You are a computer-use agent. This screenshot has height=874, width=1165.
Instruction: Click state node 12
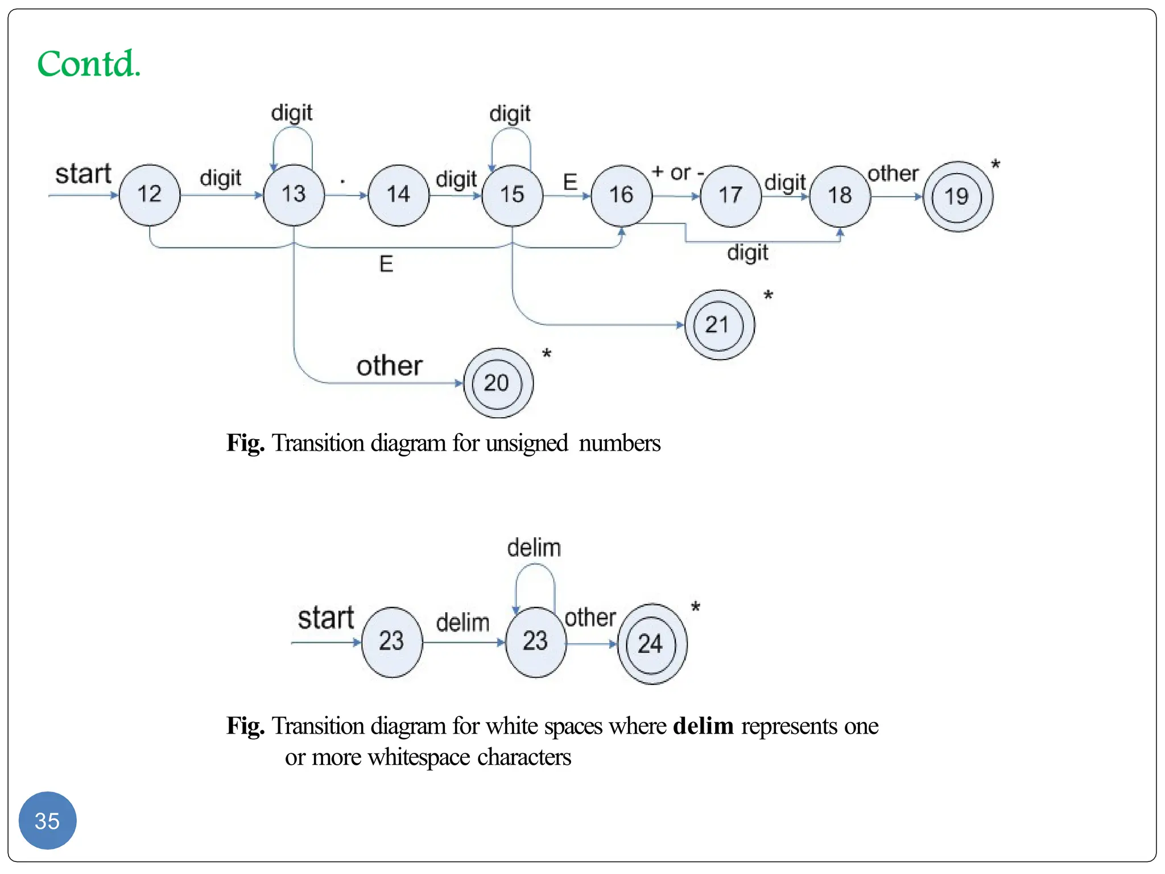click(150, 195)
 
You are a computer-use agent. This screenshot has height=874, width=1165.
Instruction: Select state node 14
click(398, 195)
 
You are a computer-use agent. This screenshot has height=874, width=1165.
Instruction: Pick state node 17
click(730, 196)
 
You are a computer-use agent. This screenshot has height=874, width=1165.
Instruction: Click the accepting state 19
click(957, 197)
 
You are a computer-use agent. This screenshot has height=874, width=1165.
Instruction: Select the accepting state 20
click(498, 383)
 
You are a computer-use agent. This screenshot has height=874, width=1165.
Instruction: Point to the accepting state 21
click(719, 325)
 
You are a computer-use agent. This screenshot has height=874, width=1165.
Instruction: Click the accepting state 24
click(652, 644)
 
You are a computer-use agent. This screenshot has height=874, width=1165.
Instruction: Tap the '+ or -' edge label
click(678, 172)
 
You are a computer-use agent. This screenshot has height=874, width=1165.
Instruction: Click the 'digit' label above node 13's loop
click(292, 113)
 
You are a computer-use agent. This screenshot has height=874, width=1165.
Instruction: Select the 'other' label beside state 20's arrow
click(390, 366)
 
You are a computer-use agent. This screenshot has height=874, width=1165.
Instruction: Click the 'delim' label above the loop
click(534, 547)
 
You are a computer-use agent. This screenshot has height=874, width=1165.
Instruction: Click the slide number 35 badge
click(47, 821)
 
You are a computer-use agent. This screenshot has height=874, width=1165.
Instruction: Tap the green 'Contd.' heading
click(89, 63)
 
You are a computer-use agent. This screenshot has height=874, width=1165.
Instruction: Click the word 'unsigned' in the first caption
click(527, 443)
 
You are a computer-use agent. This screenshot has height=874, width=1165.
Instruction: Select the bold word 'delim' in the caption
click(703, 726)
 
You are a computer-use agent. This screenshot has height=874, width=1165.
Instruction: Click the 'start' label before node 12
click(83, 174)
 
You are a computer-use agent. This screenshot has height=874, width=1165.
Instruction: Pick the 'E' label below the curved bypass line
click(386, 264)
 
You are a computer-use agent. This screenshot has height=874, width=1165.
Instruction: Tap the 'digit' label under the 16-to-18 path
click(747, 253)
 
